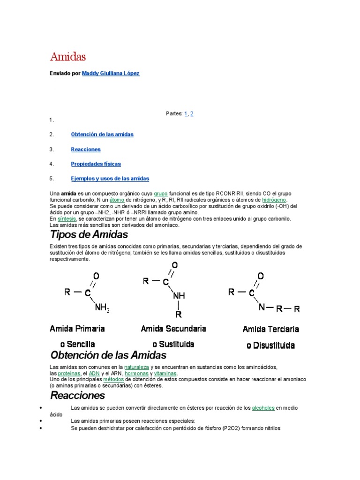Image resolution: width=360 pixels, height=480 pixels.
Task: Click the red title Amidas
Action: click(68, 57)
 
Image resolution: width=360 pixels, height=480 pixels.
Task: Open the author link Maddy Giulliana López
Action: click(111, 74)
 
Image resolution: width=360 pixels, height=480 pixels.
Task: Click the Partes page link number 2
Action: click(192, 113)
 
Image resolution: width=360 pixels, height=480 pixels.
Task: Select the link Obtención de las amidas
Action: click(102, 135)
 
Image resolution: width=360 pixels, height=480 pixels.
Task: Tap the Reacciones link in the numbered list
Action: click(86, 150)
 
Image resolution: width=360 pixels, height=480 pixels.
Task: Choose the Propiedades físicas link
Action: click(96, 164)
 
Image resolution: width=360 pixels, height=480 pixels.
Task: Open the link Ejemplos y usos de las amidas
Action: click(110, 179)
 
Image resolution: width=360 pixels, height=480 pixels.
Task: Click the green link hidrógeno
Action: click(274, 200)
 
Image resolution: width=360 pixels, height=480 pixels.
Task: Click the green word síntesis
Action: click(67, 219)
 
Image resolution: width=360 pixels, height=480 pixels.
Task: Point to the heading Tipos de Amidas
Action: click(89, 234)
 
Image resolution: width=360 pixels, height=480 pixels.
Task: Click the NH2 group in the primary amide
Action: click(102, 308)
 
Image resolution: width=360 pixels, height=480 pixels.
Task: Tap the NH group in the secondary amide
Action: click(179, 296)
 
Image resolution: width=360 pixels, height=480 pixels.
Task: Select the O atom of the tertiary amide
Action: click(261, 276)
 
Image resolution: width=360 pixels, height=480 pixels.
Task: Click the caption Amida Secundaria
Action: click(173, 329)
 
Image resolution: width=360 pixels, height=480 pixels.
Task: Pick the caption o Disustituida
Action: click(270, 346)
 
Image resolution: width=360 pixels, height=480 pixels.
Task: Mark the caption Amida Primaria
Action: click(77, 329)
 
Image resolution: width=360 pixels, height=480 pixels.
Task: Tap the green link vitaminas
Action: click(165, 374)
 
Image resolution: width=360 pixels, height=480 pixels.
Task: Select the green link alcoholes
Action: click(263, 408)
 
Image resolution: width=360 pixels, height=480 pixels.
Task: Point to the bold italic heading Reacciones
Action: click(78, 396)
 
